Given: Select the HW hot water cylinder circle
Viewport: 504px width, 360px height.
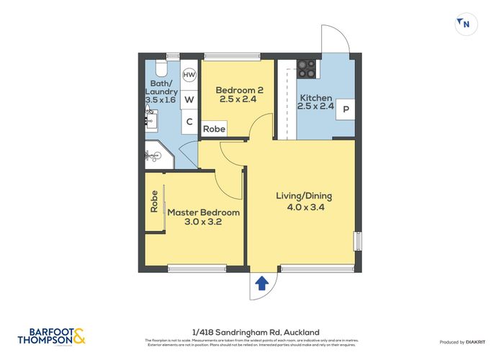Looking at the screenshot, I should tap(189, 75).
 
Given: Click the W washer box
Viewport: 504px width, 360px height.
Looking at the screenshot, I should tap(189, 99).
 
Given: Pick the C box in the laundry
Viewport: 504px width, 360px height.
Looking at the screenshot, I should tap(189, 122).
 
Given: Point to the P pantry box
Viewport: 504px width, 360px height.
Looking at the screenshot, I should tap(346, 110).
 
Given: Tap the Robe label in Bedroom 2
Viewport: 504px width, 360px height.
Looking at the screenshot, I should tap(214, 129).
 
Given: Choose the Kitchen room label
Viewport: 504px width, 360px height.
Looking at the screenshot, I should tap(315, 98).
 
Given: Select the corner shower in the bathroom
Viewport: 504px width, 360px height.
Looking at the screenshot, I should tap(156, 156).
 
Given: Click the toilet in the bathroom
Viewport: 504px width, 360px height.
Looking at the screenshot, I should tap(160, 69).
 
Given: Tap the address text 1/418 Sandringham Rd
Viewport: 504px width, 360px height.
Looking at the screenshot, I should tap(251, 330).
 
